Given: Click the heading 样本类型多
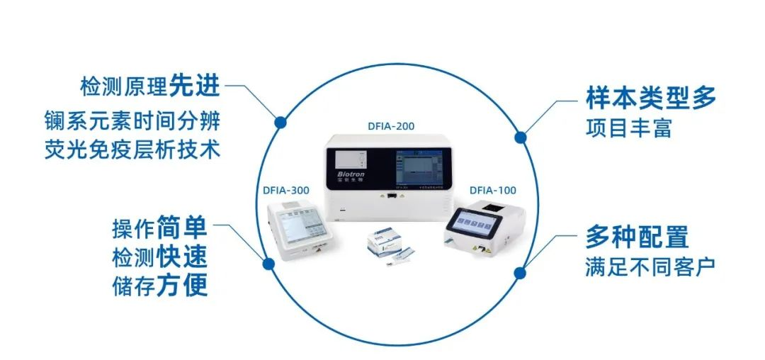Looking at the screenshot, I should pyautogui.click(x=651, y=98).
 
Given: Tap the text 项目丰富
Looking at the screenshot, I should pyautogui.click(x=628, y=129).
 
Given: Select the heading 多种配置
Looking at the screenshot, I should pyautogui.click(x=637, y=236).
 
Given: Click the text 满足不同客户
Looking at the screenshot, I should pyautogui.click(x=650, y=267).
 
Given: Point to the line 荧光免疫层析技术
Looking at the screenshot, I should pyautogui.click(x=131, y=150).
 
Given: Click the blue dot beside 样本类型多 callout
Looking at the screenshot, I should pyautogui.click(x=520, y=137).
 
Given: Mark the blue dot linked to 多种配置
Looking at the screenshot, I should pyautogui.click(x=521, y=272).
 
